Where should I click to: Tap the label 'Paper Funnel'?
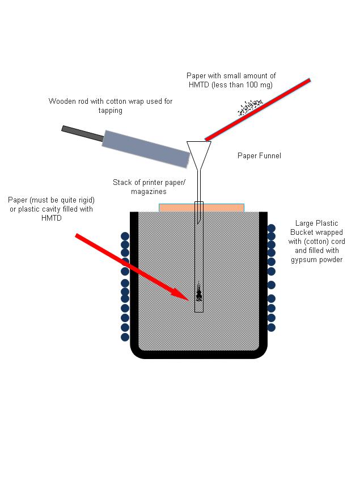[x=259, y=156]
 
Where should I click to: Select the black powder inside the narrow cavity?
[x=198, y=293]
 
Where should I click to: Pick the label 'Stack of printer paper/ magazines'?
[x=139, y=187]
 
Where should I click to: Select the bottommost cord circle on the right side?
[x=271, y=327]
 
